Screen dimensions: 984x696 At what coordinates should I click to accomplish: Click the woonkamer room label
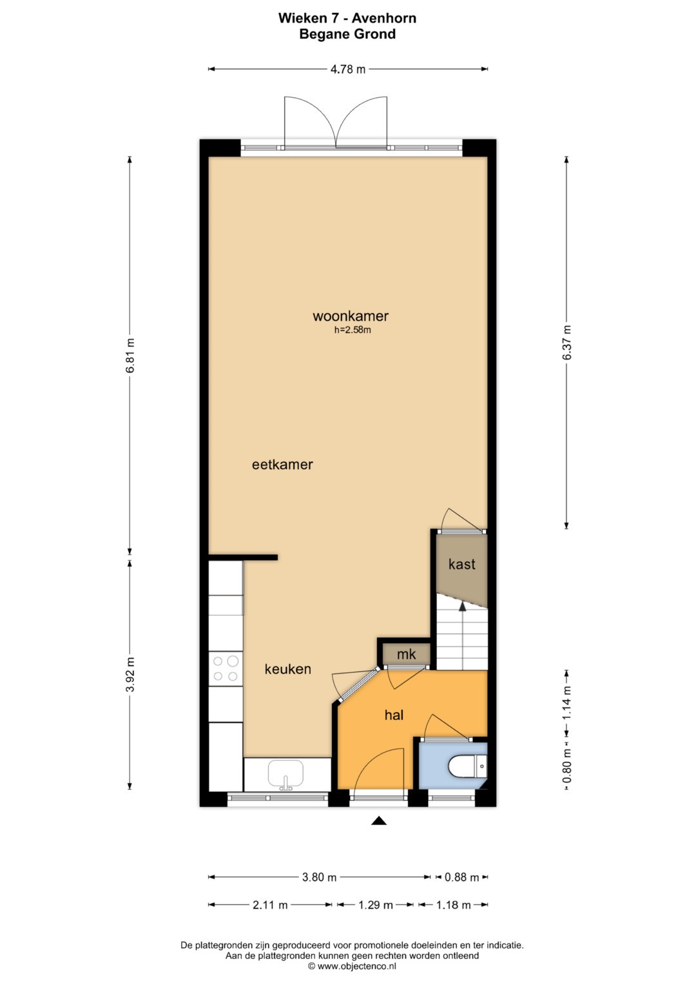point(351,316)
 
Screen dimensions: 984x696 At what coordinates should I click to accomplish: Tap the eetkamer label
point(282,464)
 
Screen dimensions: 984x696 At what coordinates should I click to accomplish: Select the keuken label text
point(287,669)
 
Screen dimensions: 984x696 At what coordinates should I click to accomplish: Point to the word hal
point(394,714)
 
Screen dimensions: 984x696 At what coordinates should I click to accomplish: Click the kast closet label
point(461,564)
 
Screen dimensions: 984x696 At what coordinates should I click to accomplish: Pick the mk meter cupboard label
point(406,654)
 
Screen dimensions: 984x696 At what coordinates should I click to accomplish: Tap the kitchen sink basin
point(285,773)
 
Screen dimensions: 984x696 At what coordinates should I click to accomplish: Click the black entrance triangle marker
point(379,820)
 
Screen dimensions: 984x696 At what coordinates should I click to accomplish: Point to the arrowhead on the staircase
point(462,605)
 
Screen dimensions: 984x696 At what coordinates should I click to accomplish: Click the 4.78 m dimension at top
point(348,69)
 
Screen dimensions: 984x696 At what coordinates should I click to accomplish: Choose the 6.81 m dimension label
point(130,355)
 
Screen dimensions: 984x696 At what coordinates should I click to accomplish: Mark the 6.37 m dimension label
point(566,342)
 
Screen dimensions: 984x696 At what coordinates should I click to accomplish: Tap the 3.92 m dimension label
point(130,674)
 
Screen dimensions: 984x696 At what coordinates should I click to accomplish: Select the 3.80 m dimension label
point(319,877)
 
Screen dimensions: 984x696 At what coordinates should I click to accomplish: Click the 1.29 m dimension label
point(375,905)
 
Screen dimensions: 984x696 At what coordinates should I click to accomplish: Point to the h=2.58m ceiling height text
point(353,330)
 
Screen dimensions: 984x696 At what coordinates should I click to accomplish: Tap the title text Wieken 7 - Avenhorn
point(347,18)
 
